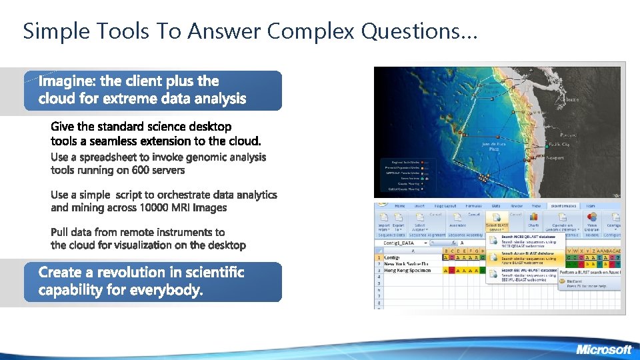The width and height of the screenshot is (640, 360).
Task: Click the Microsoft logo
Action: click(603, 349)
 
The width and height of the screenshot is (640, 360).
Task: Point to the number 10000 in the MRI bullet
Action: click(159, 207)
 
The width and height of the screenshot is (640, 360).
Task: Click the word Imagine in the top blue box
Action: click(67, 81)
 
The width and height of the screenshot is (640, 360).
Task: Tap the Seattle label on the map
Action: click(571, 100)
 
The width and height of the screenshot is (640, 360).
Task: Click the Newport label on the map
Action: click(555, 158)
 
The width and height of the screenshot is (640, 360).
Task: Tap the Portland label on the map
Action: click(569, 135)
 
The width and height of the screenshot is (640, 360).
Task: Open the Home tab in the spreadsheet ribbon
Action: click(399, 206)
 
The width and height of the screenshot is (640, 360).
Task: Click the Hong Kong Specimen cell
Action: click(407, 271)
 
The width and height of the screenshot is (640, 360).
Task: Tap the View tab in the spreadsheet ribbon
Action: click(536, 206)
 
